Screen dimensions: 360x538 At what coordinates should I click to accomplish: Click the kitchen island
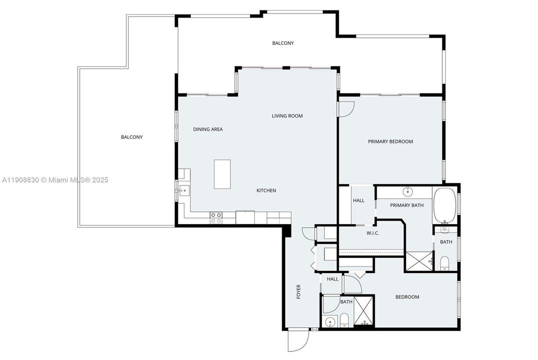coord(222,174)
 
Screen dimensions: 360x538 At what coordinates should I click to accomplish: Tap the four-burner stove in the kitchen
coord(216,217)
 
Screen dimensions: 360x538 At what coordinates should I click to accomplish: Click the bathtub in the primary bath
coord(444,205)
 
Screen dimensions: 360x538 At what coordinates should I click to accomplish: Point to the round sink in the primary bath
coord(408,191)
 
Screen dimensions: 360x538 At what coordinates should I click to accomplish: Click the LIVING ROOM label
coord(287,116)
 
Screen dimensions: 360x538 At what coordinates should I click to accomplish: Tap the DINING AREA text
coord(208,129)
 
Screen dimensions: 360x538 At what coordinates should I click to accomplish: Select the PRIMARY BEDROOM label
coord(390,141)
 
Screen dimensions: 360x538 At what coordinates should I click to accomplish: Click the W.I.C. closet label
coord(372,233)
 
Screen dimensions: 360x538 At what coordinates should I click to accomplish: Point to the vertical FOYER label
coord(299,292)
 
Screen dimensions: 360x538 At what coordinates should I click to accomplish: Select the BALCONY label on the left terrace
coord(132,137)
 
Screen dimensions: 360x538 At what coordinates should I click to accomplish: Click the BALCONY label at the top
coord(283,43)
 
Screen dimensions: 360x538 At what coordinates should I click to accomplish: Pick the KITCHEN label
coord(266,190)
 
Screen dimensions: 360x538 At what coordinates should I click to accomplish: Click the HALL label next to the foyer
coord(332,279)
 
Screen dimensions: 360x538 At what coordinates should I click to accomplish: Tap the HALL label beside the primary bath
coord(359,200)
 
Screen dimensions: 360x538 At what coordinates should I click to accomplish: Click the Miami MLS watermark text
coord(55,180)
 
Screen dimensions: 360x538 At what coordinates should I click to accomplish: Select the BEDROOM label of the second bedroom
coord(407,297)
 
